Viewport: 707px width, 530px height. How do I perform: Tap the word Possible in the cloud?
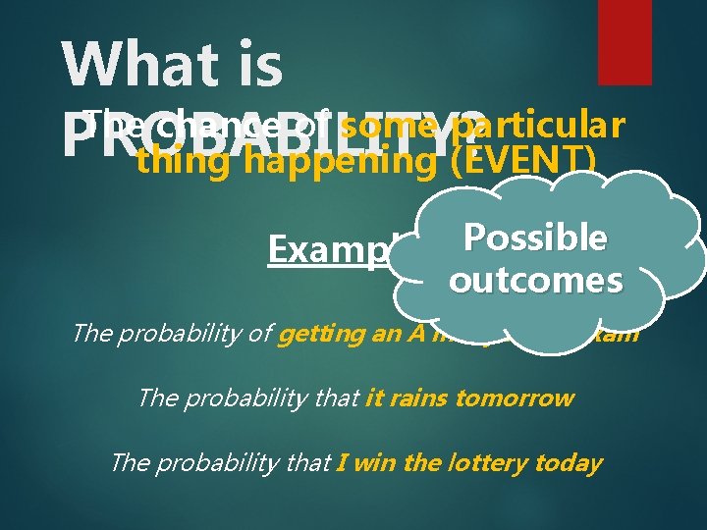point(535,238)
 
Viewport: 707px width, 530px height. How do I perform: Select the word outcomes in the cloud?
point(535,281)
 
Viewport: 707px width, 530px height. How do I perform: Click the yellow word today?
point(571,462)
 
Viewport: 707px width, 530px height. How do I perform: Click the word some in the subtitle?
point(389,127)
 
